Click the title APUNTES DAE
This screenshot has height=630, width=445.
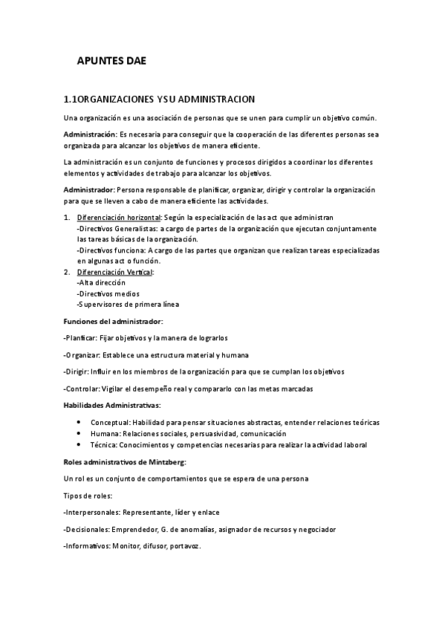click(x=111, y=62)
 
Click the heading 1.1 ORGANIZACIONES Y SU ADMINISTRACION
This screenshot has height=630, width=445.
click(x=160, y=99)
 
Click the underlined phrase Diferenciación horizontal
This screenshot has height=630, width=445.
click(x=119, y=218)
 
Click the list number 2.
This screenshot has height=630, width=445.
click(x=67, y=273)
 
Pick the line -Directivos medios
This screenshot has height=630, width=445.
click(x=108, y=293)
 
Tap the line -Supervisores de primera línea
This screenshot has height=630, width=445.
click(x=128, y=305)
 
